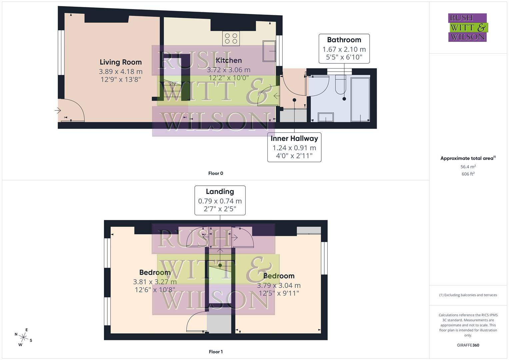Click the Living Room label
121,62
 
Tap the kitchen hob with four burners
231,38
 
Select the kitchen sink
269,51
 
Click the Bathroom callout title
344,40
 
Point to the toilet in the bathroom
340,84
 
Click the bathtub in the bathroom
360,99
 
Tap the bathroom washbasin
325,117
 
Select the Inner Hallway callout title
294,139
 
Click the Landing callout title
220,192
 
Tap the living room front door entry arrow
58,110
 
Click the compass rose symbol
23,337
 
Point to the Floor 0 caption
216,173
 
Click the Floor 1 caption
216,352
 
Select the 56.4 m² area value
468,167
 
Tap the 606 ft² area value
468,174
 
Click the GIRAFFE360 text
468,345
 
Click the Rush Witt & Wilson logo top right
468,28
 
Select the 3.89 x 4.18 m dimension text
121,71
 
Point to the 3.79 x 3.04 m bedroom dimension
279,286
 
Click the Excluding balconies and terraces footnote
468,295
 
